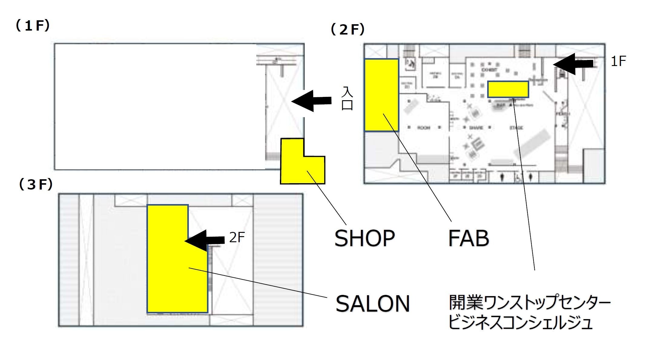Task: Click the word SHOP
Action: tap(364, 238)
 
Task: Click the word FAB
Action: tap(468, 238)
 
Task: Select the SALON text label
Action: tap(372, 304)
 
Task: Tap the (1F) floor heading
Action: tap(32, 26)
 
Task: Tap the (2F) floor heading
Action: tap(348, 30)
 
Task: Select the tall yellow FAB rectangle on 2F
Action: tap(381, 95)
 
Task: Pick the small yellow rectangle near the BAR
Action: tap(508, 89)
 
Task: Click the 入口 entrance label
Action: tap(347, 99)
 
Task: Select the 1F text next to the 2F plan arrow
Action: tap(618, 61)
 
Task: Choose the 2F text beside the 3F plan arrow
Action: tap(237, 238)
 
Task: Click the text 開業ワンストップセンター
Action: tap(529, 303)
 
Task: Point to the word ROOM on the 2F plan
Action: tap(424, 128)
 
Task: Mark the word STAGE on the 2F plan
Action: tap(516, 128)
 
